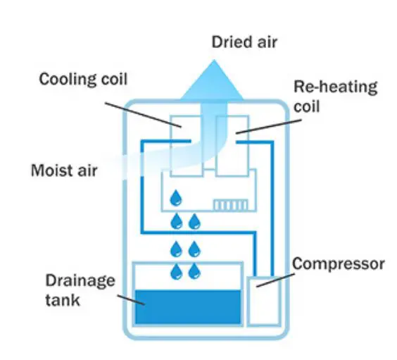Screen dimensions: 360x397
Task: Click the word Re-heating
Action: point(334,87)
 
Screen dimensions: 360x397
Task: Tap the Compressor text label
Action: point(338,264)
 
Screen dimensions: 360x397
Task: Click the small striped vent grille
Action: point(227,204)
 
